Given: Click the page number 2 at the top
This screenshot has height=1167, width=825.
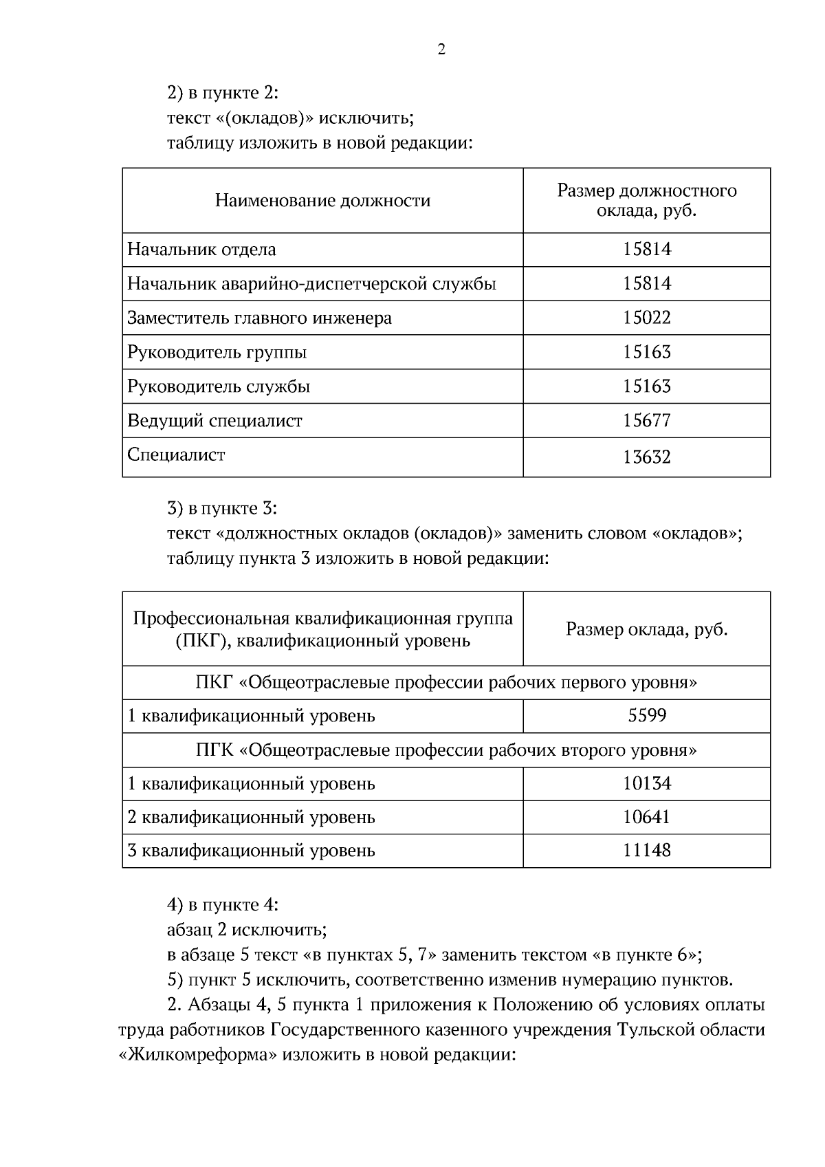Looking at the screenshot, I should [x=441, y=50].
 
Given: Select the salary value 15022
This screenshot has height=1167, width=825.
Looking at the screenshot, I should [x=646, y=318].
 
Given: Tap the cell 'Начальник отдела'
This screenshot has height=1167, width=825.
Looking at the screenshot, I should [x=201, y=250].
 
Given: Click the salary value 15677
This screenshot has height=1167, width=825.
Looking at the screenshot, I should [x=646, y=420].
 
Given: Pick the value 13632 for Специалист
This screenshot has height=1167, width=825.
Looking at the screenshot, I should [x=646, y=457].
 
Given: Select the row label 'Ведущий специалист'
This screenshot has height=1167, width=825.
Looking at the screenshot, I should [x=214, y=420].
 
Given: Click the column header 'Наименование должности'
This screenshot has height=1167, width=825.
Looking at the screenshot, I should [x=322, y=201].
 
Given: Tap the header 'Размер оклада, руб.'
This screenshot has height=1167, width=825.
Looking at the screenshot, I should [x=646, y=629].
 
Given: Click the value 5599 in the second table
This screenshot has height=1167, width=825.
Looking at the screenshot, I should [x=646, y=716].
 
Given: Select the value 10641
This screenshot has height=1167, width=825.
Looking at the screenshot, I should [x=646, y=817].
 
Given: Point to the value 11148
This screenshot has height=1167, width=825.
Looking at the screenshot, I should [x=646, y=851].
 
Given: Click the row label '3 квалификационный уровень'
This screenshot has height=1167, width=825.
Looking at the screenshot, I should [x=251, y=851].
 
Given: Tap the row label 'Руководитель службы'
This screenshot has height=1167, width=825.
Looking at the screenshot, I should [x=219, y=386].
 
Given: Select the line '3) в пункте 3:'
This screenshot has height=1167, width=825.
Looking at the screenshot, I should [x=222, y=509].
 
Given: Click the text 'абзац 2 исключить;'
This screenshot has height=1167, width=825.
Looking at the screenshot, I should [x=247, y=930].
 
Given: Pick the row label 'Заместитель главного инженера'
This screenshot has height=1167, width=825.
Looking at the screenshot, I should [x=259, y=318].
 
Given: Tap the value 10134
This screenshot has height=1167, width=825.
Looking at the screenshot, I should [x=646, y=783].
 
